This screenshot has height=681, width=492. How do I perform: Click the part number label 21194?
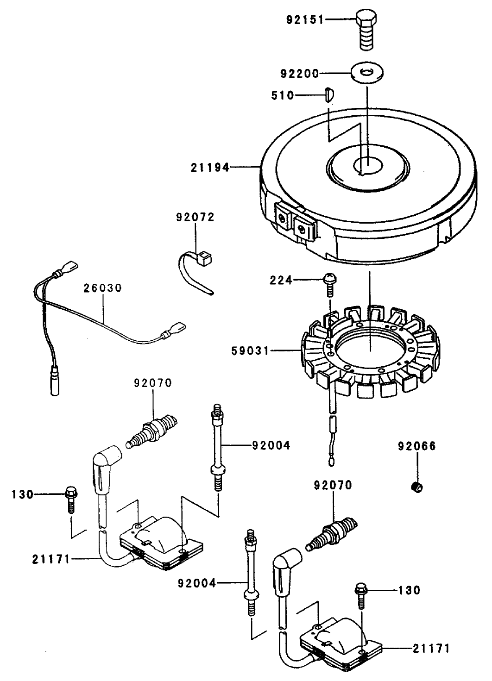(x=210, y=168)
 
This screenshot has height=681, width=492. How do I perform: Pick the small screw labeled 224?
(x=329, y=283)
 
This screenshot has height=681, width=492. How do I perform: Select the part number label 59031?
(x=250, y=351)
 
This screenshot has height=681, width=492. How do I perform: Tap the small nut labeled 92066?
(x=417, y=487)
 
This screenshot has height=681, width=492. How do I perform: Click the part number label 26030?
(x=103, y=288)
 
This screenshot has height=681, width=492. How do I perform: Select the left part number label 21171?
(x=51, y=559)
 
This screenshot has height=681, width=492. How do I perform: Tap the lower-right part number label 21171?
(x=431, y=649)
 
